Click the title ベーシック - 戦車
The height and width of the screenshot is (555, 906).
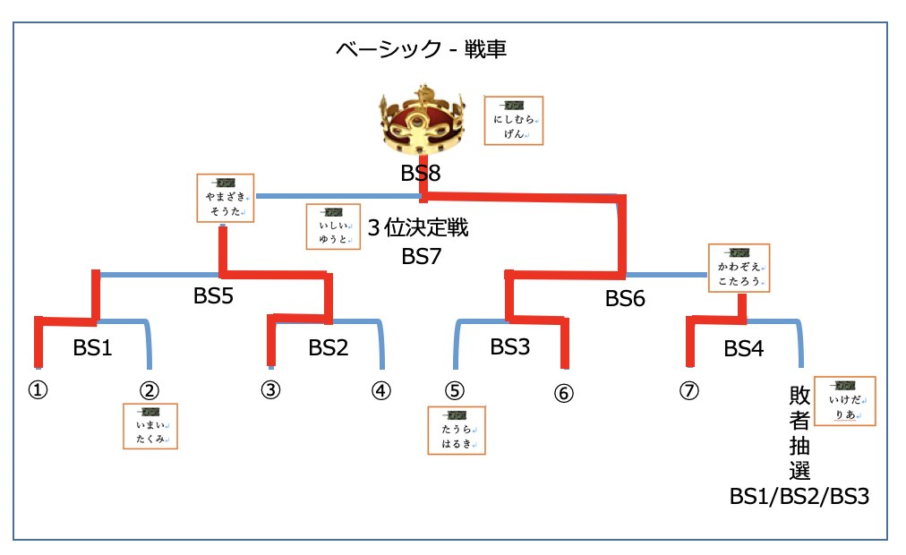point(421,49)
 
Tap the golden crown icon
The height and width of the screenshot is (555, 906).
point(423,123)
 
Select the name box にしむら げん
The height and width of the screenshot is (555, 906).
point(513,121)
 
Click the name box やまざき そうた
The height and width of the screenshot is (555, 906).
point(225,198)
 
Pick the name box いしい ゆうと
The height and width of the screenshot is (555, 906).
point(333,226)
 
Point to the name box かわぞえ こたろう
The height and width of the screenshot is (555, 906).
point(739,268)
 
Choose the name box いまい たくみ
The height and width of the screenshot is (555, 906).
point(150,425)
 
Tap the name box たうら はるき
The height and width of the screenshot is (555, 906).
point(457,431)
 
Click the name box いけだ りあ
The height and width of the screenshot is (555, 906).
point(846,401)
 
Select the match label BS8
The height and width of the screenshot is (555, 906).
point(421,173)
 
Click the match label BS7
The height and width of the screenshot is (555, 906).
point(421,257)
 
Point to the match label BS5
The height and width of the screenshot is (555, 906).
point(213,295)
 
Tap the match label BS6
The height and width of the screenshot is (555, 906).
point(625,299)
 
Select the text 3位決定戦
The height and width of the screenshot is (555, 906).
point(418,228)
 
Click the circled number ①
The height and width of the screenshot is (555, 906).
point(38,390)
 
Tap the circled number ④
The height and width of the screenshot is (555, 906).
point(381,390)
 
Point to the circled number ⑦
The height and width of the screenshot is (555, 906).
point(688,391)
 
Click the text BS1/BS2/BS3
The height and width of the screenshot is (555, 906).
point(799,497)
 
